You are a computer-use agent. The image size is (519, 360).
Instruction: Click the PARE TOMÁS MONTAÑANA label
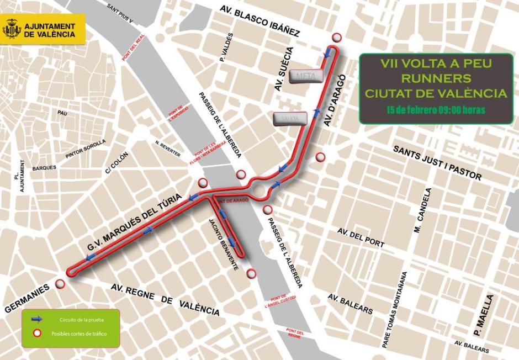(x=395, y=309)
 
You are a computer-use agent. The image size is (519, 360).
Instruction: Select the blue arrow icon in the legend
(x=37, y=319)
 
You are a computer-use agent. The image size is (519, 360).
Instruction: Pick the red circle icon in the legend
(x=37, y=333)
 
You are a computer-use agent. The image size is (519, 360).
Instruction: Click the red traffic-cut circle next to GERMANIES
(x=60, y=284)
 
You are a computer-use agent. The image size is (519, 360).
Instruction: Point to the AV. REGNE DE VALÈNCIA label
(x=165, y=300)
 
